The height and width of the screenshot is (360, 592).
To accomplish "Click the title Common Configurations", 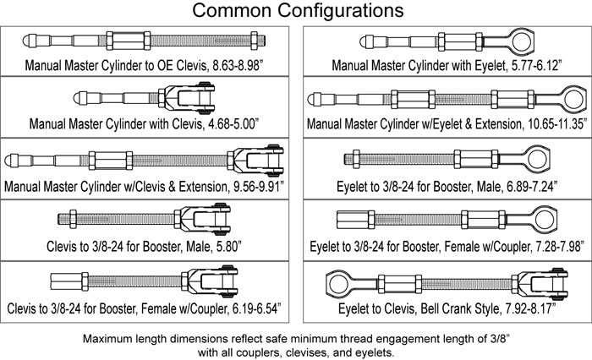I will (x=296, y=12).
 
